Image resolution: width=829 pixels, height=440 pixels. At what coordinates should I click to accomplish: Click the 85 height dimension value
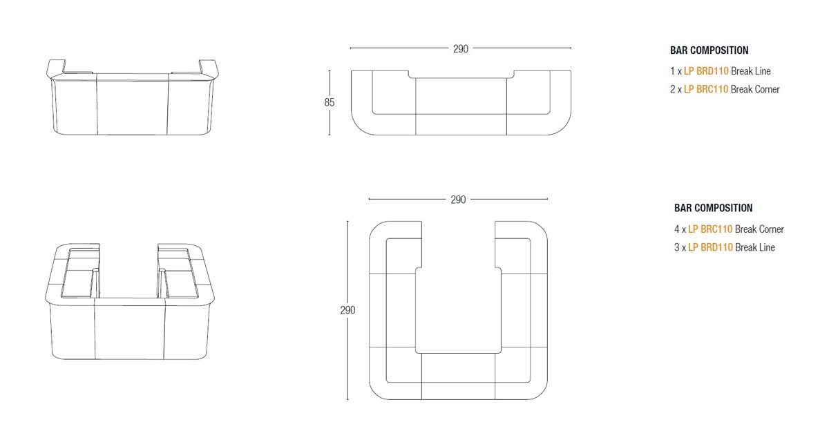coord(329,102)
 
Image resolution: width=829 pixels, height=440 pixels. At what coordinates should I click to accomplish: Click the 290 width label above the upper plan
coord(460,49)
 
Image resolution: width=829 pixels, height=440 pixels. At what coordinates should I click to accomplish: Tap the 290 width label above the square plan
coord(458,200)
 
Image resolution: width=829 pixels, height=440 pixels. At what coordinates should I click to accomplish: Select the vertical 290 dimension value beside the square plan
coord(347,310)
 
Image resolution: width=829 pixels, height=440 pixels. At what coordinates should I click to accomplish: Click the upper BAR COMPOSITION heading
coord(709,50)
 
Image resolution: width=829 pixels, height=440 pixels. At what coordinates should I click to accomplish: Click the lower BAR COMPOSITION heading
coord(713,208)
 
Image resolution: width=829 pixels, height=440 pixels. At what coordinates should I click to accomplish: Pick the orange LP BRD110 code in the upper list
coord(706,71)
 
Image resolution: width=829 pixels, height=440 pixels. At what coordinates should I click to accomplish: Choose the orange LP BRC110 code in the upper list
coord(706,89)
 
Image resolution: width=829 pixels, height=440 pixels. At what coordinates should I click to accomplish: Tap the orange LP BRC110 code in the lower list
coord(710,229)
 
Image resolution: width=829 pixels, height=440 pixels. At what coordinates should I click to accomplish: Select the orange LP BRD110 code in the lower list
coord(711,247)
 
